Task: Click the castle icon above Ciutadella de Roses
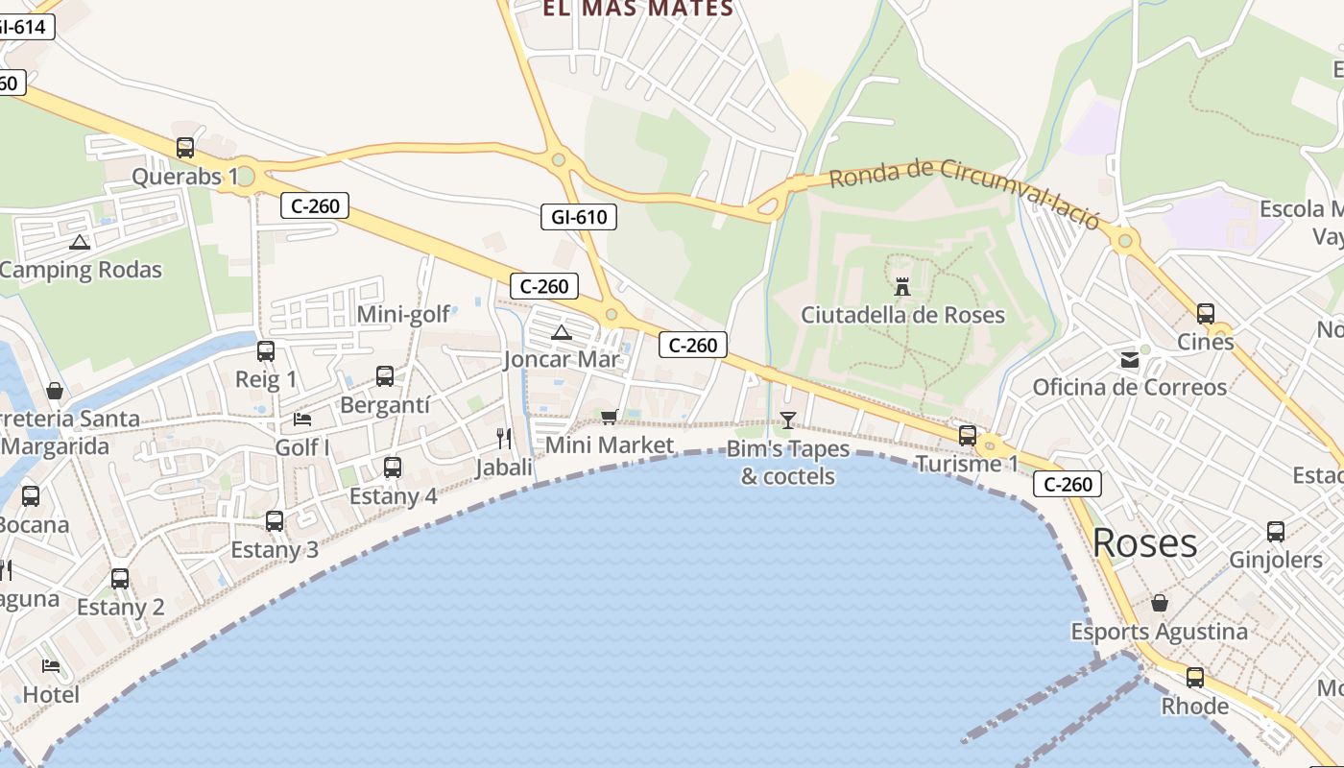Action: click(902, 287)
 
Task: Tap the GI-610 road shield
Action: click(579, 217)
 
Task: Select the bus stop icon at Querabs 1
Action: click(185, 148)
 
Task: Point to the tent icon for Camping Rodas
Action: click(80, 242)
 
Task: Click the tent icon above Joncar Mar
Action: click(562, 332)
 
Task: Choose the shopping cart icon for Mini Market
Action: click(609, 417)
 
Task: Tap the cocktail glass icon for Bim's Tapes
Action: click(788, 420)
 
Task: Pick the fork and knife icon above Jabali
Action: click(504, 439)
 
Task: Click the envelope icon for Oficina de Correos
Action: click(1129, 360)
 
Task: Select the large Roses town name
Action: click(1144, 543)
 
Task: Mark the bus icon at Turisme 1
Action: click(968, 436)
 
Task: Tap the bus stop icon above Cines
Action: click(1206, 313)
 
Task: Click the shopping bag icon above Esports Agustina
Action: click(1160, 603)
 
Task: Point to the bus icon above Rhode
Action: click(1195, 678)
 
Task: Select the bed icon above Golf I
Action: click(301, 420)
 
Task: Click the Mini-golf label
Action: click(403, 315)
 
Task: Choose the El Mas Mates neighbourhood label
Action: click(637, 10)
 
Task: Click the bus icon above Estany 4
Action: click(393, 468)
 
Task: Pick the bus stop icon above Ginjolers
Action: click(1276, 531)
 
